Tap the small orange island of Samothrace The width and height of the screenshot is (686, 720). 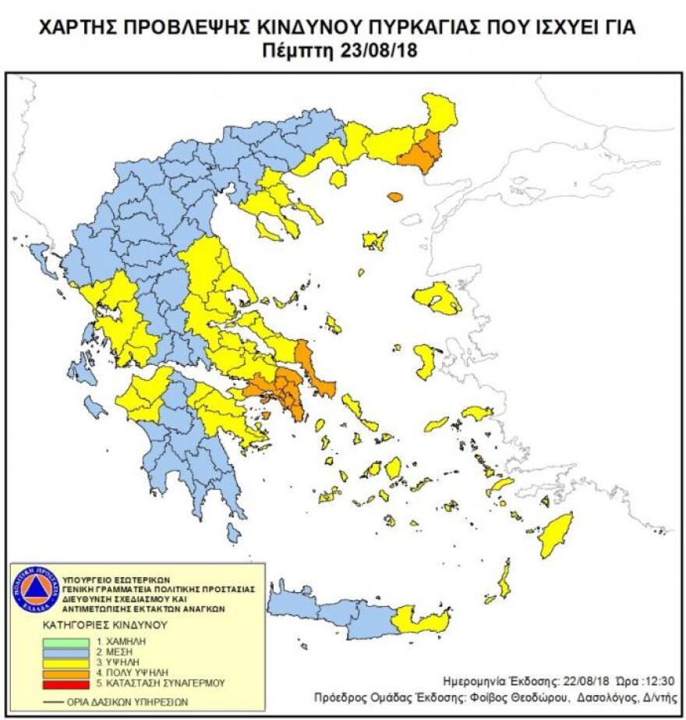395,197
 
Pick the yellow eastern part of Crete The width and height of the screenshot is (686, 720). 422,620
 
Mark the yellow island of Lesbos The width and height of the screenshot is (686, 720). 438,298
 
